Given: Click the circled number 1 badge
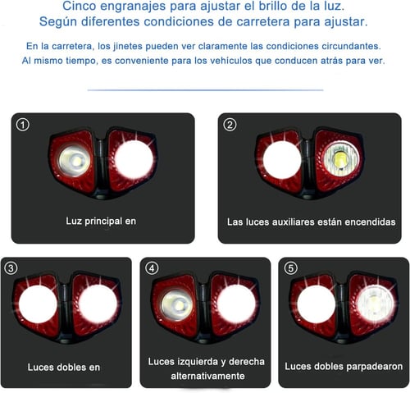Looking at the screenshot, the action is point(23,125).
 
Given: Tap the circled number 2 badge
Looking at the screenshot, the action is point(230,125).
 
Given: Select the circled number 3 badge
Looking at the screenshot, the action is point(11,268).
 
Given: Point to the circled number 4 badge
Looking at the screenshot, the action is point(152,268).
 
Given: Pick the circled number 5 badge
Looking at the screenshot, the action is point(291,268).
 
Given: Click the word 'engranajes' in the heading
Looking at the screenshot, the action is point(133,7).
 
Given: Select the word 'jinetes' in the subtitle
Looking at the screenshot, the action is point(128,46).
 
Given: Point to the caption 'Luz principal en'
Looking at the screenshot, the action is point(101,221).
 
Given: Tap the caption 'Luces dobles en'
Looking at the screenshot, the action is point(64,367).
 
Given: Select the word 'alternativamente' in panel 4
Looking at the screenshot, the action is point(207,376).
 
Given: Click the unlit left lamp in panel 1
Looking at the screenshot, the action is point(75,161).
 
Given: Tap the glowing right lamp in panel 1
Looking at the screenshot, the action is point(134,160).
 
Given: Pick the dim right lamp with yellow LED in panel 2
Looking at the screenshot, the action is point(340,159).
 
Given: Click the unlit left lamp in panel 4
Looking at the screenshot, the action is point(176,305).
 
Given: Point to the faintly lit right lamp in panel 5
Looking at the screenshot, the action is point(376,304).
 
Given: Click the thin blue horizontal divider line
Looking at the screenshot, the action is point(205,89).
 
